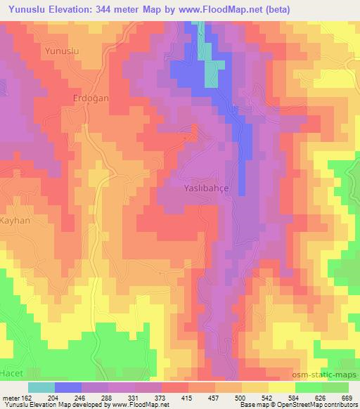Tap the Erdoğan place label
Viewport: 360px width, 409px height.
[91, 98]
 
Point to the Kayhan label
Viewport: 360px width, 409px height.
[14, 220]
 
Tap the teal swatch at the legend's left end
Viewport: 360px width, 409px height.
[41, 387]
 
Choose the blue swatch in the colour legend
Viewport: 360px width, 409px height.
[68, 387]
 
